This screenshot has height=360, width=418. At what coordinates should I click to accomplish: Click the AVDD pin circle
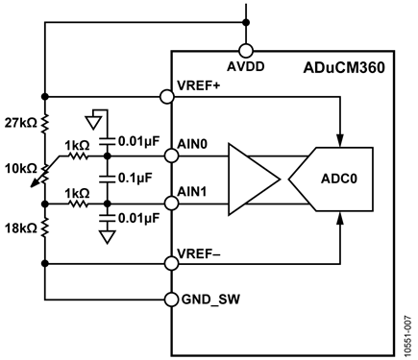(246, 51)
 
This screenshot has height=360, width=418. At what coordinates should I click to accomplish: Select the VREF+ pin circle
(167, 96)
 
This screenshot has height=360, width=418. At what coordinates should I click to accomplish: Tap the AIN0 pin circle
(172, 156)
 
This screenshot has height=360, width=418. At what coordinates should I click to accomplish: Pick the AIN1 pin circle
(172, 204)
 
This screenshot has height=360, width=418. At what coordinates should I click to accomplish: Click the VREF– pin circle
(172, 263)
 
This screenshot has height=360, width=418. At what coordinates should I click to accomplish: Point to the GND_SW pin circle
(172, 300)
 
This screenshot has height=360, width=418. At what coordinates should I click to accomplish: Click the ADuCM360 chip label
(344, 67)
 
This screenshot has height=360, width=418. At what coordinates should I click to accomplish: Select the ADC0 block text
(339, 179)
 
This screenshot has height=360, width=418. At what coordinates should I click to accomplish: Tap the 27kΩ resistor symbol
(45, 123)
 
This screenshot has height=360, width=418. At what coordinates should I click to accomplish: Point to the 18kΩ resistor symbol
(45, 228)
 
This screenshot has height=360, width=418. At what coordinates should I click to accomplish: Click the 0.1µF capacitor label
(135, 179)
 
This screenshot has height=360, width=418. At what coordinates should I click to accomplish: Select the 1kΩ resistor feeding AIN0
(78, 156)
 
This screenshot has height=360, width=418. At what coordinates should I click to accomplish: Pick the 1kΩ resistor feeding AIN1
(78, 204)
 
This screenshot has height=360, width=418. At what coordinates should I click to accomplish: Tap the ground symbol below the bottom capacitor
(108, 237)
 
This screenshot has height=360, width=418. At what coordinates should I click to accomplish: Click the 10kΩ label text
(21, 168)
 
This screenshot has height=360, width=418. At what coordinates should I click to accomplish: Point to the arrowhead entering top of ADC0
(340, 140)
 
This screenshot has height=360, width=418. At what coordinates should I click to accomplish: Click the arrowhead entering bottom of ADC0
(340, 219)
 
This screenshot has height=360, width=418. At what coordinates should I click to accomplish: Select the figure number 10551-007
(407, 336)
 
